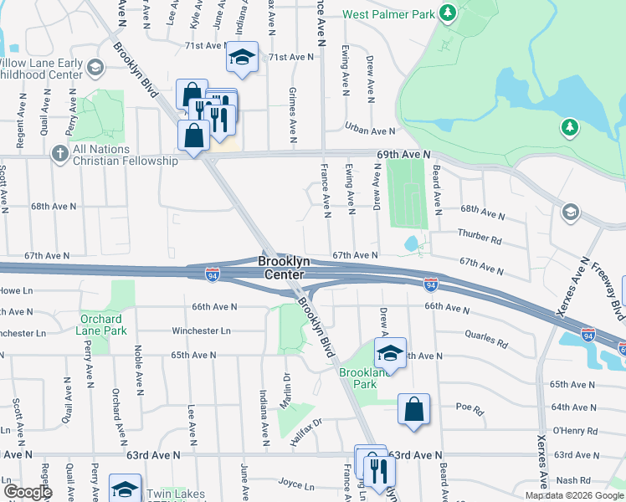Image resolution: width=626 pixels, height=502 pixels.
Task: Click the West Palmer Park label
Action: click(389, 14)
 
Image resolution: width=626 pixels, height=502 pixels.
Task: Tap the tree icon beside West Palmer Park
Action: click(448, 13)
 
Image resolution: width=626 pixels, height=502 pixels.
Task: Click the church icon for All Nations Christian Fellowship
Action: click(59, 153)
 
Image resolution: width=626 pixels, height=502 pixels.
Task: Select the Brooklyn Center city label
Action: click(285, 268)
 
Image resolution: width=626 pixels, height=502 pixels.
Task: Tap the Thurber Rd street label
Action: click(480, 235)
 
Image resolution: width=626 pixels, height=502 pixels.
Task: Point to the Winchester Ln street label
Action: click(201, 330)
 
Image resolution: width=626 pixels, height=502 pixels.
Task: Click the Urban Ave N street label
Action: click(370, 131)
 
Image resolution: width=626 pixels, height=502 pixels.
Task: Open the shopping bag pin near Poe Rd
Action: click(413, 409)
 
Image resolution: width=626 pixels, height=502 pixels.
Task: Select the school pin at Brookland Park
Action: click(390, 353)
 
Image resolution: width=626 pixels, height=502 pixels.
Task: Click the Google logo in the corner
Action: click(28, 492)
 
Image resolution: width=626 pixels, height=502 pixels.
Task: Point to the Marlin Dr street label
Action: click(286, 388)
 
